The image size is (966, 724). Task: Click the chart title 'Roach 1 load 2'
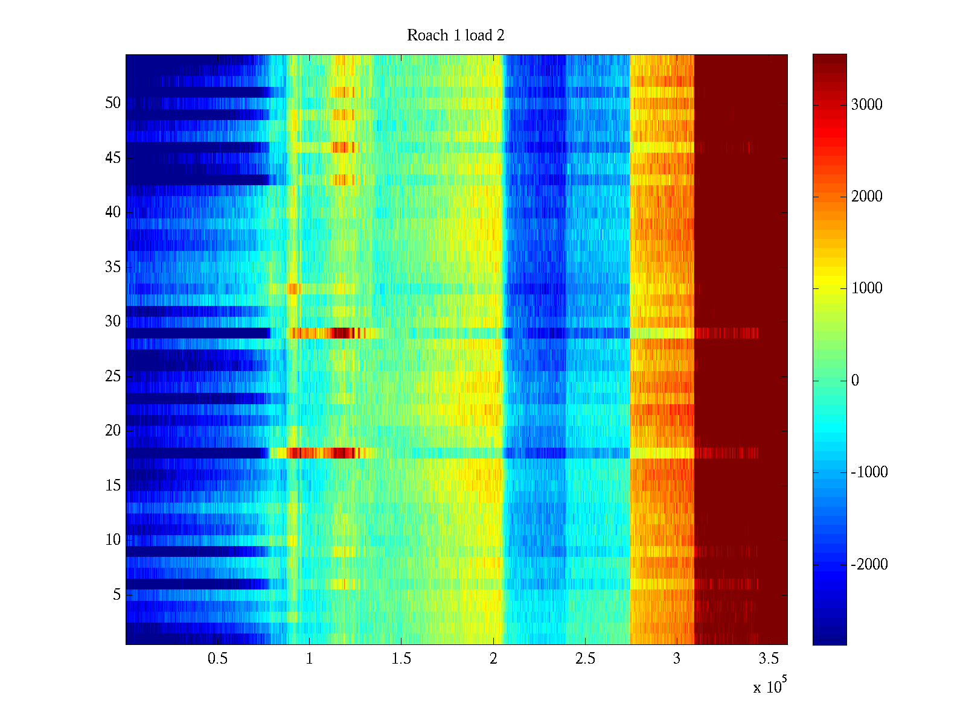pos(456,36)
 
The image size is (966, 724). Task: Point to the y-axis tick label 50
pos(113,103)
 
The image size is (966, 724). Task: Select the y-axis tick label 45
pos(113,158)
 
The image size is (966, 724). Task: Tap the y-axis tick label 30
pos(113,322)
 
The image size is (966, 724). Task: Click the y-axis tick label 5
pos(117,595)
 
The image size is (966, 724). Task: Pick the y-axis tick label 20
pos(113,431)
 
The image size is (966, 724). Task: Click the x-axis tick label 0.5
pos(217,659)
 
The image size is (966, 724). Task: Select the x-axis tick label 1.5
pos(401,659)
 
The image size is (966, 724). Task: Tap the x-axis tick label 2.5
pos(585,659)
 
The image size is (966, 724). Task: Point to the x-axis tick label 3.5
pos(769,659)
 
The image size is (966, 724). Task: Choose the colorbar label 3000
pos(867,105)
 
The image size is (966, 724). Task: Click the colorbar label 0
pos(855,381)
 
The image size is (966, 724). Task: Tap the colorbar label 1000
pos(867,288)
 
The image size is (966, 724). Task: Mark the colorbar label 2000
pos(867,197)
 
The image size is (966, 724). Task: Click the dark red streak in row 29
pos(342,332)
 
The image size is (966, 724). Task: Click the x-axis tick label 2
pos(493,659)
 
